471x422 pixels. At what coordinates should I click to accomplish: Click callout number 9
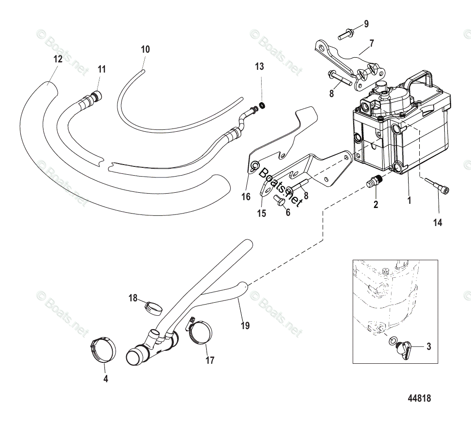pos(366,24)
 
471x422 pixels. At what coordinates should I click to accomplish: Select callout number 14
pos(438,223)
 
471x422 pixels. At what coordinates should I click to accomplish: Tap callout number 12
pos(58,59)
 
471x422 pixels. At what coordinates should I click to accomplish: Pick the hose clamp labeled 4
pos(103,350)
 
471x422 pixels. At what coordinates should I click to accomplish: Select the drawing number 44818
pos(422,398)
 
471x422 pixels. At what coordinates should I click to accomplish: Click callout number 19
pos(245,326)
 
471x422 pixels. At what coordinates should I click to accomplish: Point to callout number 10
pos(146,49)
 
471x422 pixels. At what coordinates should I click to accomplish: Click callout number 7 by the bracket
pos(371,44)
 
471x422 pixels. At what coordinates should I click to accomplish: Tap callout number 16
pos(246,196)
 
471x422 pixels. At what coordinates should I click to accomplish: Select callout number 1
pos(408,202)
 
